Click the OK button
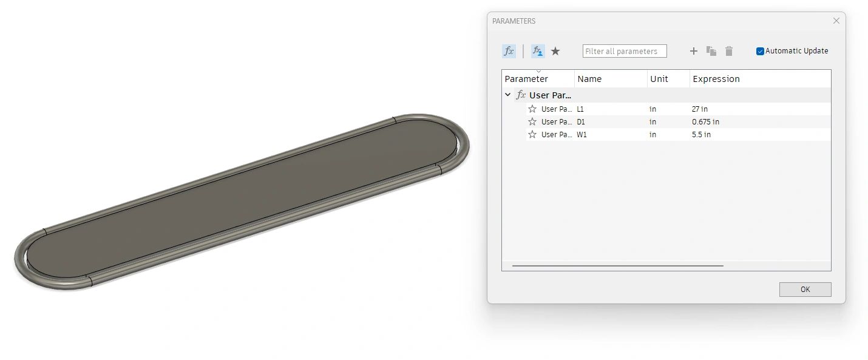[805, 290]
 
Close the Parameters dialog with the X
[836, 21]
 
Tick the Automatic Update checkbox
[760, 52]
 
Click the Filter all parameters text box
[624, 52]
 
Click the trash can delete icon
[728, 52]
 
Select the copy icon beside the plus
[711, 52]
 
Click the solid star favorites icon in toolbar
[555, 52]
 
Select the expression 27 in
[699, 109]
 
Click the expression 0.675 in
[705, 122]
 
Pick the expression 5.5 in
[701, 135]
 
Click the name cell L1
[581, 109]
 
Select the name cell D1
[581, 122]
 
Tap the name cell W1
[581, 135]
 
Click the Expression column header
[716, 79]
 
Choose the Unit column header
[659, 79]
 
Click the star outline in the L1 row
[532, 109]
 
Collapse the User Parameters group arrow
[508, 95]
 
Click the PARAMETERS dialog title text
[514, 21]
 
